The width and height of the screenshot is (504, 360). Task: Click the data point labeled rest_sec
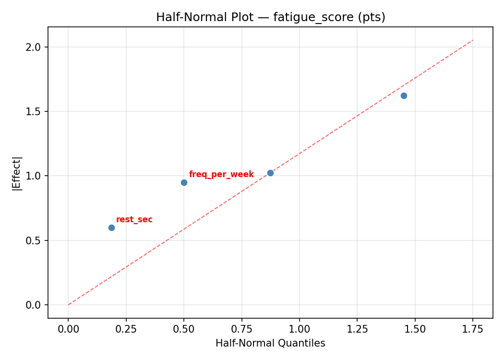tap(111, 228)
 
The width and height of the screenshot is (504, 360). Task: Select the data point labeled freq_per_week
tap(184, 182)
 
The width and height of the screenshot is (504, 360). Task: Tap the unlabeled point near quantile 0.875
tap(270, 173)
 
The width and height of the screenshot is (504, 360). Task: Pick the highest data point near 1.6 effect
tap(404, 96)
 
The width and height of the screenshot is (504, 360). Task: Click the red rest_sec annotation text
tap(134, 220)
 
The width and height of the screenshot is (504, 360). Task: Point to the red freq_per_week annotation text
tap(221, 175)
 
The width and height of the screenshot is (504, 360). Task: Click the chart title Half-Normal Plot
tap(270, 17)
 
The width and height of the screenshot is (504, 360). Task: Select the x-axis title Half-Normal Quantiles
tap(270, 343)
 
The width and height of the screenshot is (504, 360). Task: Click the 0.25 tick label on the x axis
tap(126, 329)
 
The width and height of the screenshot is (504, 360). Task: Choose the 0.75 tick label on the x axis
tap(241, 329)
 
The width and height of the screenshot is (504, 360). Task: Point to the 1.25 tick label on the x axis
tap(357, 329)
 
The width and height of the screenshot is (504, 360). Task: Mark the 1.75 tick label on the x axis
tap(472, 329)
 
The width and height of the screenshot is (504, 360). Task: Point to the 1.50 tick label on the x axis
tap(415, 329)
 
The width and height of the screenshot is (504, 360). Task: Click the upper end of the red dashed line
tap(473, 40)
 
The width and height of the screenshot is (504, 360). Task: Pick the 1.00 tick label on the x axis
tap(299, 329)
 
